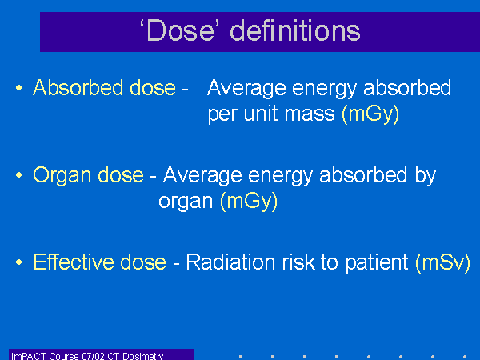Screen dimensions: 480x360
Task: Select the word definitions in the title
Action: (295, 30)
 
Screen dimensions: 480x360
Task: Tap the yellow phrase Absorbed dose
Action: (104, 88)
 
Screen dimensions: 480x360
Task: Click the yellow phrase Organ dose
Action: (88, 175)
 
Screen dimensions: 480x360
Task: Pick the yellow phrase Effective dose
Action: (99, 262)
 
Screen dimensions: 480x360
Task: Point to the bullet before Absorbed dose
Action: (18, 88)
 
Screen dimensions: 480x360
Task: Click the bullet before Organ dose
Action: (18, 175)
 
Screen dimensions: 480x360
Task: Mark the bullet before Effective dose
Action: (18, 262)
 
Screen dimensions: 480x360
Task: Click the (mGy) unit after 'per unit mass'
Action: (370, 114)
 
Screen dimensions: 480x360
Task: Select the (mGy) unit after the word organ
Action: (249, 201)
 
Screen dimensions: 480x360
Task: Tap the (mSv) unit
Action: (442, 262)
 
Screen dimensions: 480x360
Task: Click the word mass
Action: (310, 114)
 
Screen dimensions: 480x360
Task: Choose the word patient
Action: (377, 263)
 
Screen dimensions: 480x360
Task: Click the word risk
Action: (298, 262)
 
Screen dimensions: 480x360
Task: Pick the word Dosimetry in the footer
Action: (143, 356)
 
